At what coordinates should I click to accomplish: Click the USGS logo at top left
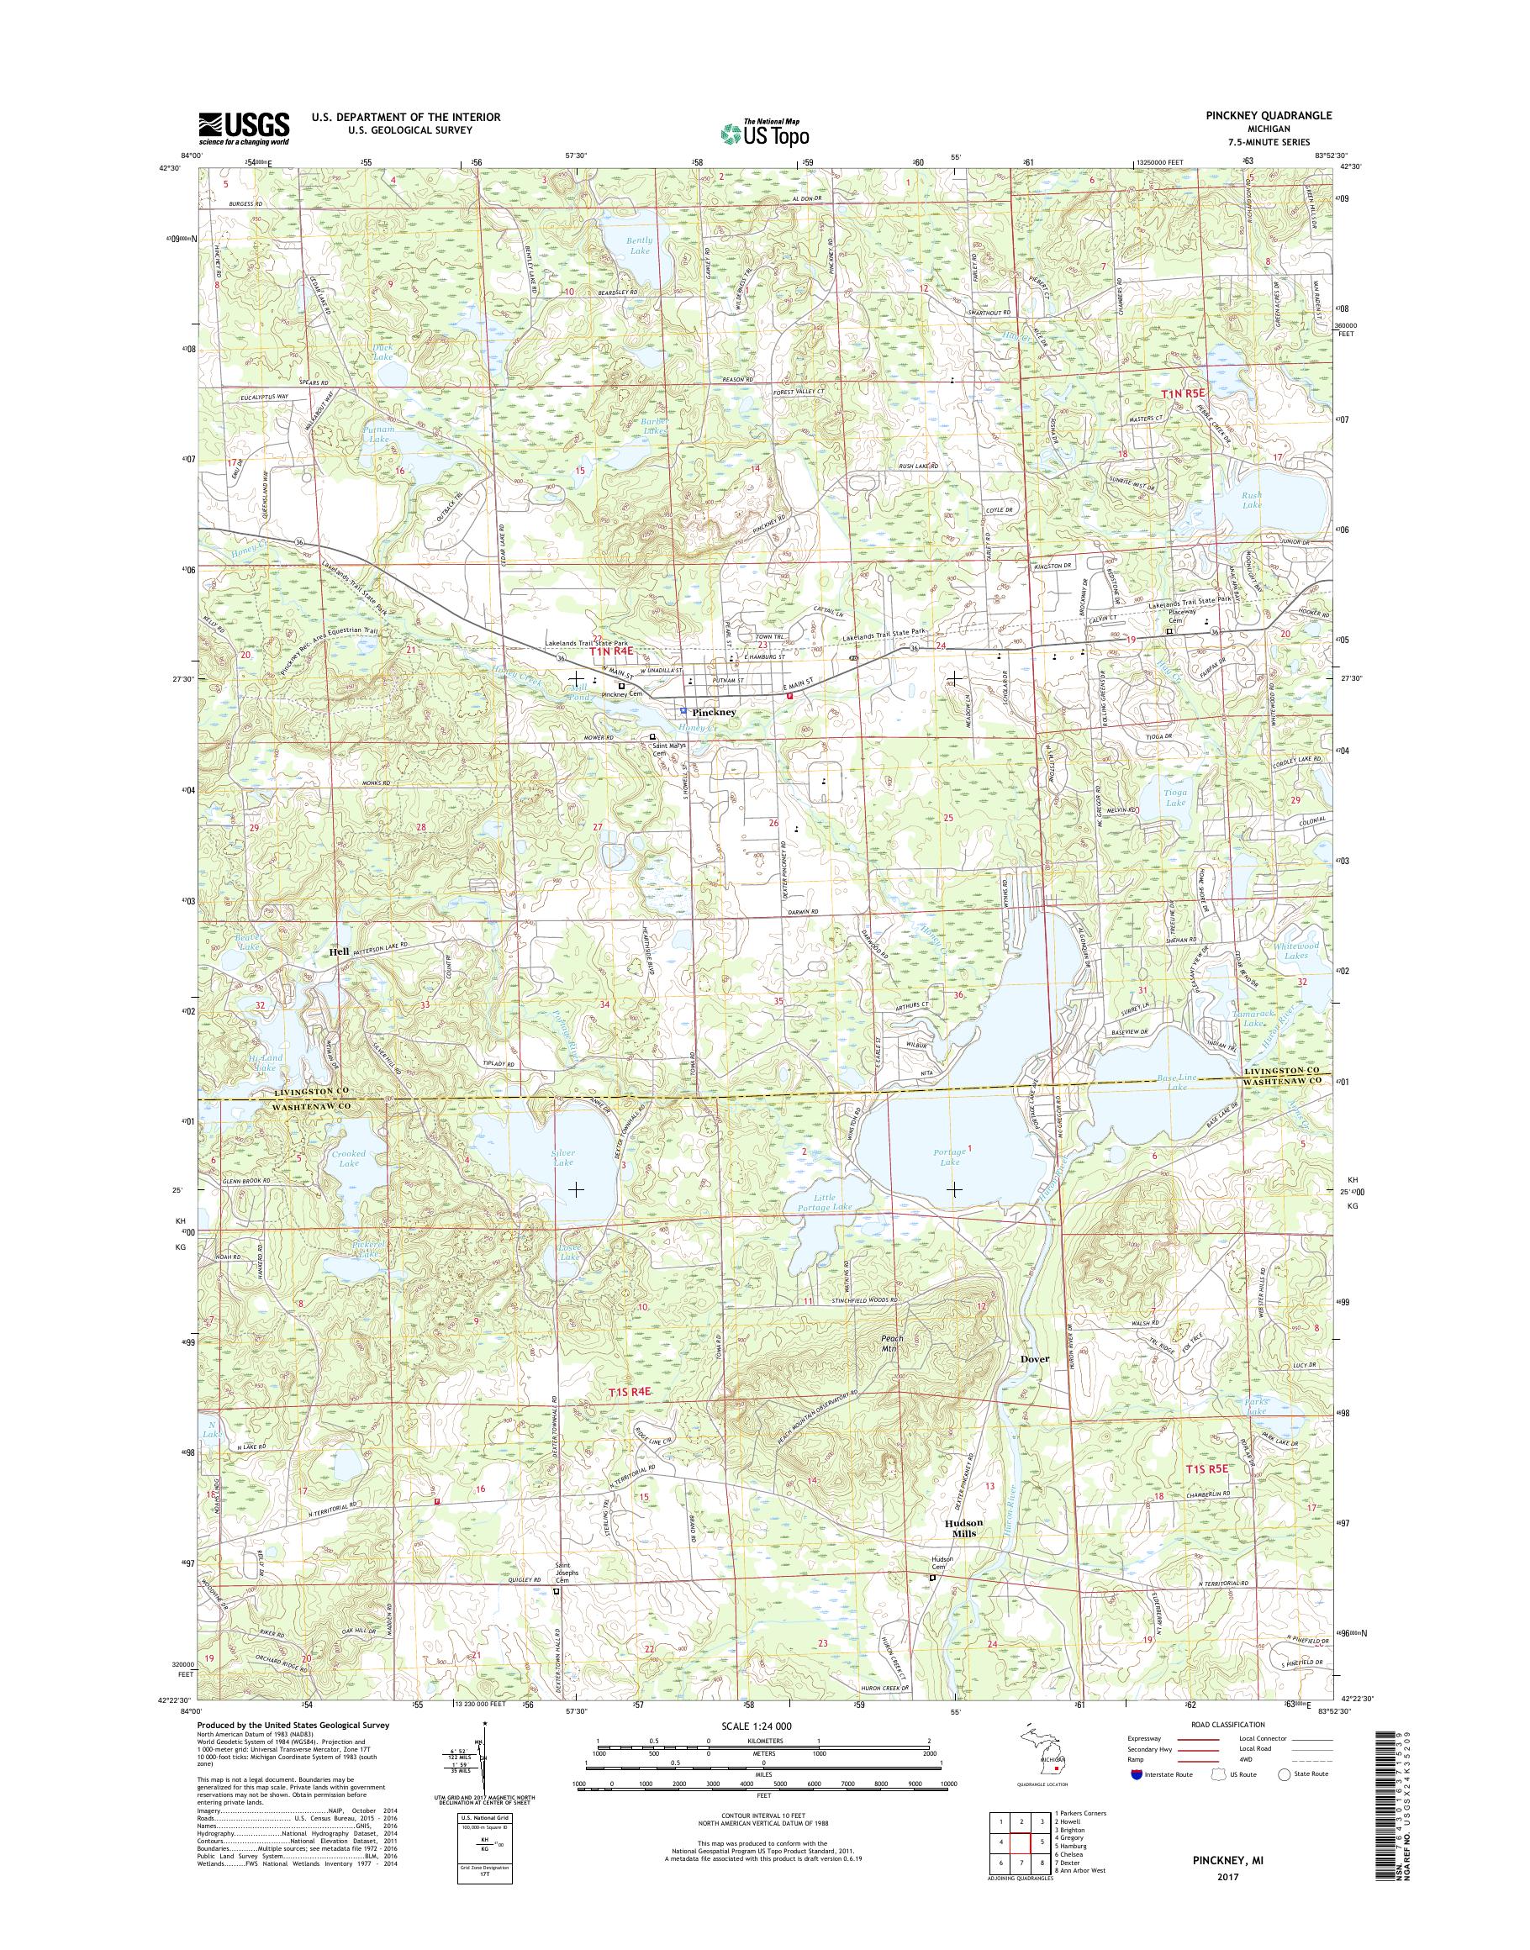click(244, 129)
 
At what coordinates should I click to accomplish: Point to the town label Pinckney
click(714, 712)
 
